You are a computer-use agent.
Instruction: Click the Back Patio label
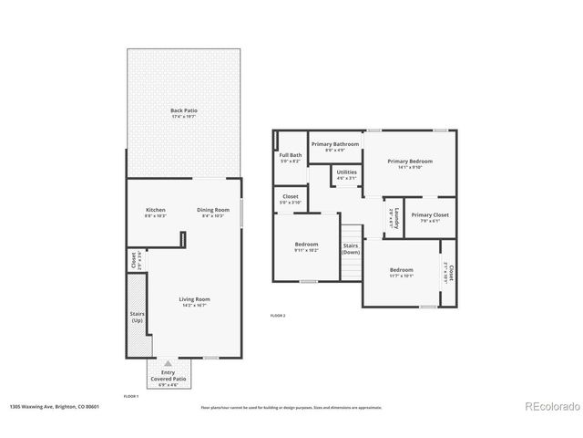pyautogui.click(x=184, y=113)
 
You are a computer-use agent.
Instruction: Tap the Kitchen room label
pyautogui.click(x=156, y=213)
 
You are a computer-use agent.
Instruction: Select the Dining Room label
pyautogui.click(x=213, y=213)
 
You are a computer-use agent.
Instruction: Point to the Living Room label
pyautogui.click(x=194, y=302)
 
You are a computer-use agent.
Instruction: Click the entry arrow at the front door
pyautogui.click(x=168, y=363)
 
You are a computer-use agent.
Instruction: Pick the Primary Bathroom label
pyautogui.click(x=335, y=147)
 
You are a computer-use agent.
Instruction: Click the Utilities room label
pyautogui.click(x=346, y=174)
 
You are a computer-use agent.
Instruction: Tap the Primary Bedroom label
pyautogui.click(x=409, y=163)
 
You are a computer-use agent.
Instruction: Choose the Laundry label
pyautogui.click(x=392, y=218)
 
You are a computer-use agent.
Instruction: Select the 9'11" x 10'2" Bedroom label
pyautogui.click(x=306, y=246)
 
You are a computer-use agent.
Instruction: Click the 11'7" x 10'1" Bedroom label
pyautogui.click(x=401, y=272)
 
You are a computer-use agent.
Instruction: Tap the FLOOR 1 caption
pyautogui.click(x=131, y=396)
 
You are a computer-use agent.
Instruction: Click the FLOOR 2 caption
pyautogui.click(x=278, y=315)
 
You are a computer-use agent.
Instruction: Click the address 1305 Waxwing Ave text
pyautogui.click(x=55, y=406)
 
